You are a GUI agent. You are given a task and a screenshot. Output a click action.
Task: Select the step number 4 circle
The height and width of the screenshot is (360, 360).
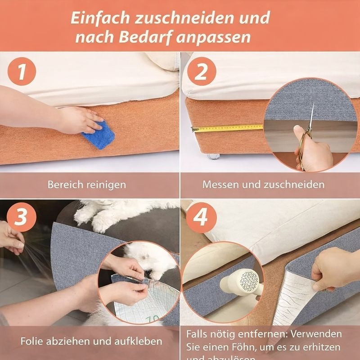pos(201,217)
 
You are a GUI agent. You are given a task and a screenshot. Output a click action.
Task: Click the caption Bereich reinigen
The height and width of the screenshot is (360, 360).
pos(87,184)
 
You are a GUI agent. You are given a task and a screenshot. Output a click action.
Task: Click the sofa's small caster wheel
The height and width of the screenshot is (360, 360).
pos(213,157)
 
